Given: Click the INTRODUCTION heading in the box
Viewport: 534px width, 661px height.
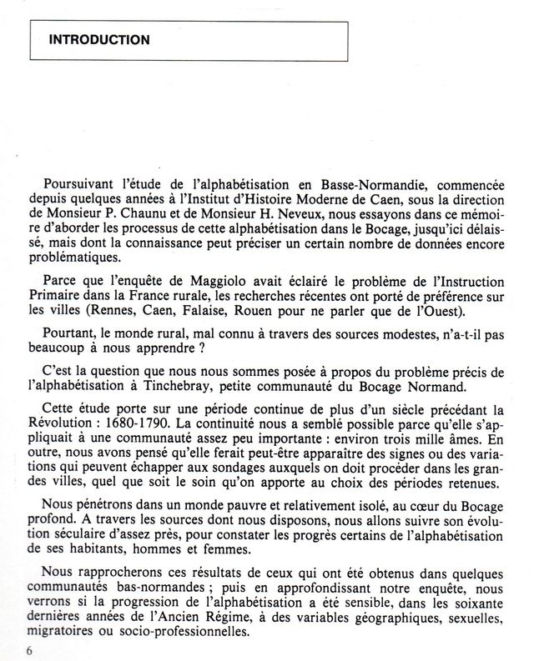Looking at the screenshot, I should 99,39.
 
